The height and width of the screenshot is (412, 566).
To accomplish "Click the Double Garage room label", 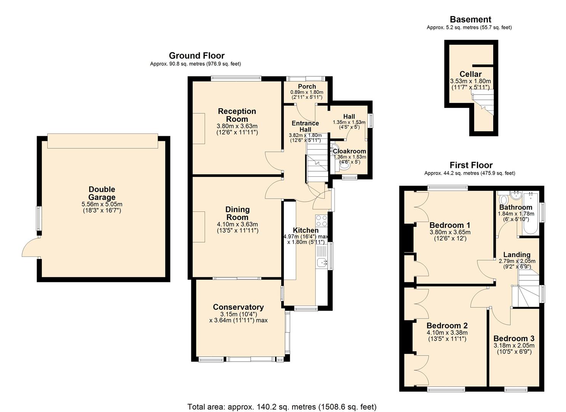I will [x=102, y=193].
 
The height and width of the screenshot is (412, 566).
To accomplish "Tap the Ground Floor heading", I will [x=196, y=56].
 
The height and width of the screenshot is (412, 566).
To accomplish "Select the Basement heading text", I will [x=470, y=19].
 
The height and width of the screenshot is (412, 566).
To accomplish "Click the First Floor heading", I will [x=471, y=165].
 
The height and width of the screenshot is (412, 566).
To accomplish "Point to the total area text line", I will [x=282, y=406].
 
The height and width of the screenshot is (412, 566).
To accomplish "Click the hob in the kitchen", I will [x=321, y=221].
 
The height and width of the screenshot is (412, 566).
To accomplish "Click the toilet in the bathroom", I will [x=503, y=200].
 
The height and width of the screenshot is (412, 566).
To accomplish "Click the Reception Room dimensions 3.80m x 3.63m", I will [x=237, y=126].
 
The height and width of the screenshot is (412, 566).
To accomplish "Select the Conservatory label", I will [x=238, y=307].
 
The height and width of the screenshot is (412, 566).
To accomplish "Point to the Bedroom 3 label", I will [x=513, y=338].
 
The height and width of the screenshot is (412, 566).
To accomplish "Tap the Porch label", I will [x=307, y=87].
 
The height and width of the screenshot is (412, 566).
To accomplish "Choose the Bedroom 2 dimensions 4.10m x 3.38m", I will [x=447, y=333].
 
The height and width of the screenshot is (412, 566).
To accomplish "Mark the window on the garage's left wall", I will [x=38, y=218].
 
